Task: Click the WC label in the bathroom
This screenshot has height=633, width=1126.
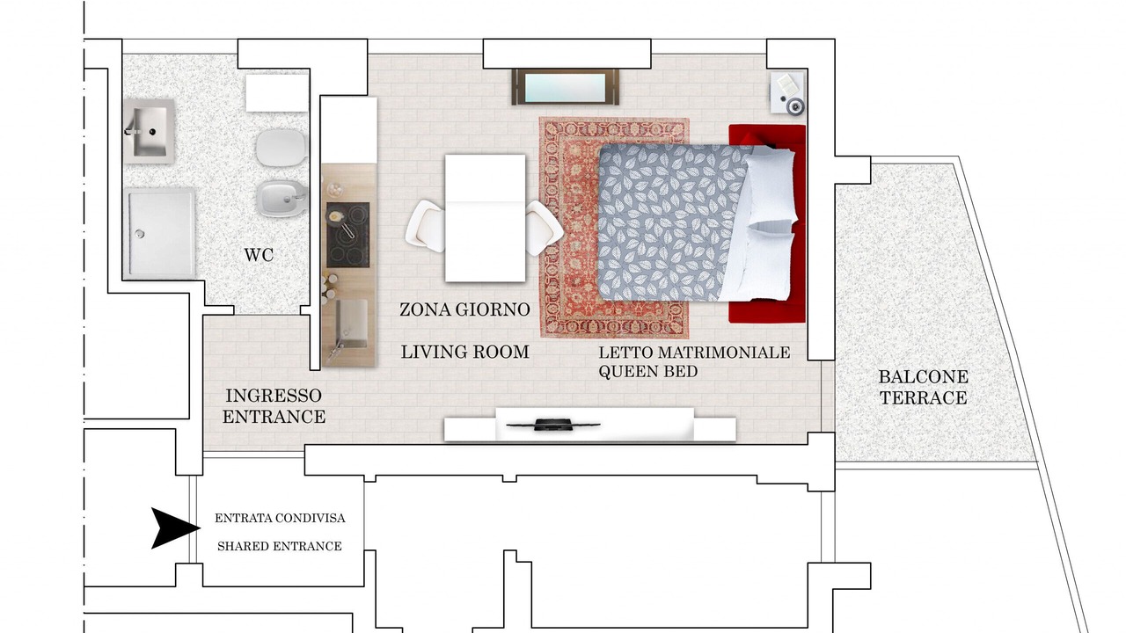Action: click(259, 255)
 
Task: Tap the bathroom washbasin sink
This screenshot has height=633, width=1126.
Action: click(150, 131)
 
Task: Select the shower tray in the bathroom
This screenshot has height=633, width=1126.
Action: click(159, 233)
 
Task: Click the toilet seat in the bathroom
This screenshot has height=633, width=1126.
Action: click(281, 147)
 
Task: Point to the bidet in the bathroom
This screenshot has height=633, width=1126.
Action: click(281, 199)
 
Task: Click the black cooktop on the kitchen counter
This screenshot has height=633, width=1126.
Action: click(347, 235)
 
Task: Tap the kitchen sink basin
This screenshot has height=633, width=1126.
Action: click(351, 323)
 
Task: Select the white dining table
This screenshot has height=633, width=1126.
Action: click(485, 218)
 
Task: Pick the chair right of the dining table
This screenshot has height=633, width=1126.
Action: click(544, 228)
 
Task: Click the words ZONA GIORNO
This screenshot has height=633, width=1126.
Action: click(465, 309)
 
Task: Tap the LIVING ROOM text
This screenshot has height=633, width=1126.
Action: click(465, 352)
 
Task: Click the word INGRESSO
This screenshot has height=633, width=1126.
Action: click(274, 396)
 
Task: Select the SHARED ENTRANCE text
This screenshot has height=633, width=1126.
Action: click(280, 546)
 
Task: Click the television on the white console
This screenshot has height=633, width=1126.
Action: click(553, 425)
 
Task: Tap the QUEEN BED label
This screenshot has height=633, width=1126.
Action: click(648, 372)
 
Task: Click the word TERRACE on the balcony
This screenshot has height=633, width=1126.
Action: click(924, 398)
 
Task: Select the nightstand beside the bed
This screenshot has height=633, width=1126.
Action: click(787, 93)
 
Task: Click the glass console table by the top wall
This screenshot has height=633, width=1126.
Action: click(566, 87)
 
